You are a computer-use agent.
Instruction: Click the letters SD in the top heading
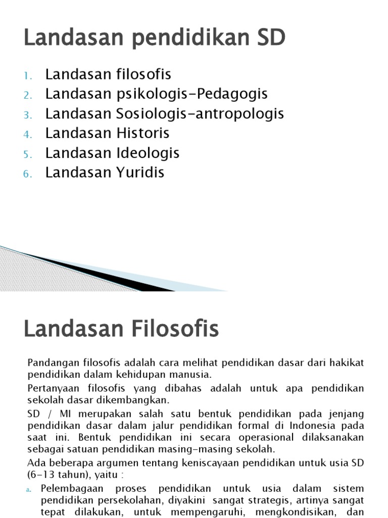click(270, 38)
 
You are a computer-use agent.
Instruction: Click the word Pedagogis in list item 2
click(232, 94)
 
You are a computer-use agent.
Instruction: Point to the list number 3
click(27, 115)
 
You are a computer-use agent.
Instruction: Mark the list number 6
click(27, 174)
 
